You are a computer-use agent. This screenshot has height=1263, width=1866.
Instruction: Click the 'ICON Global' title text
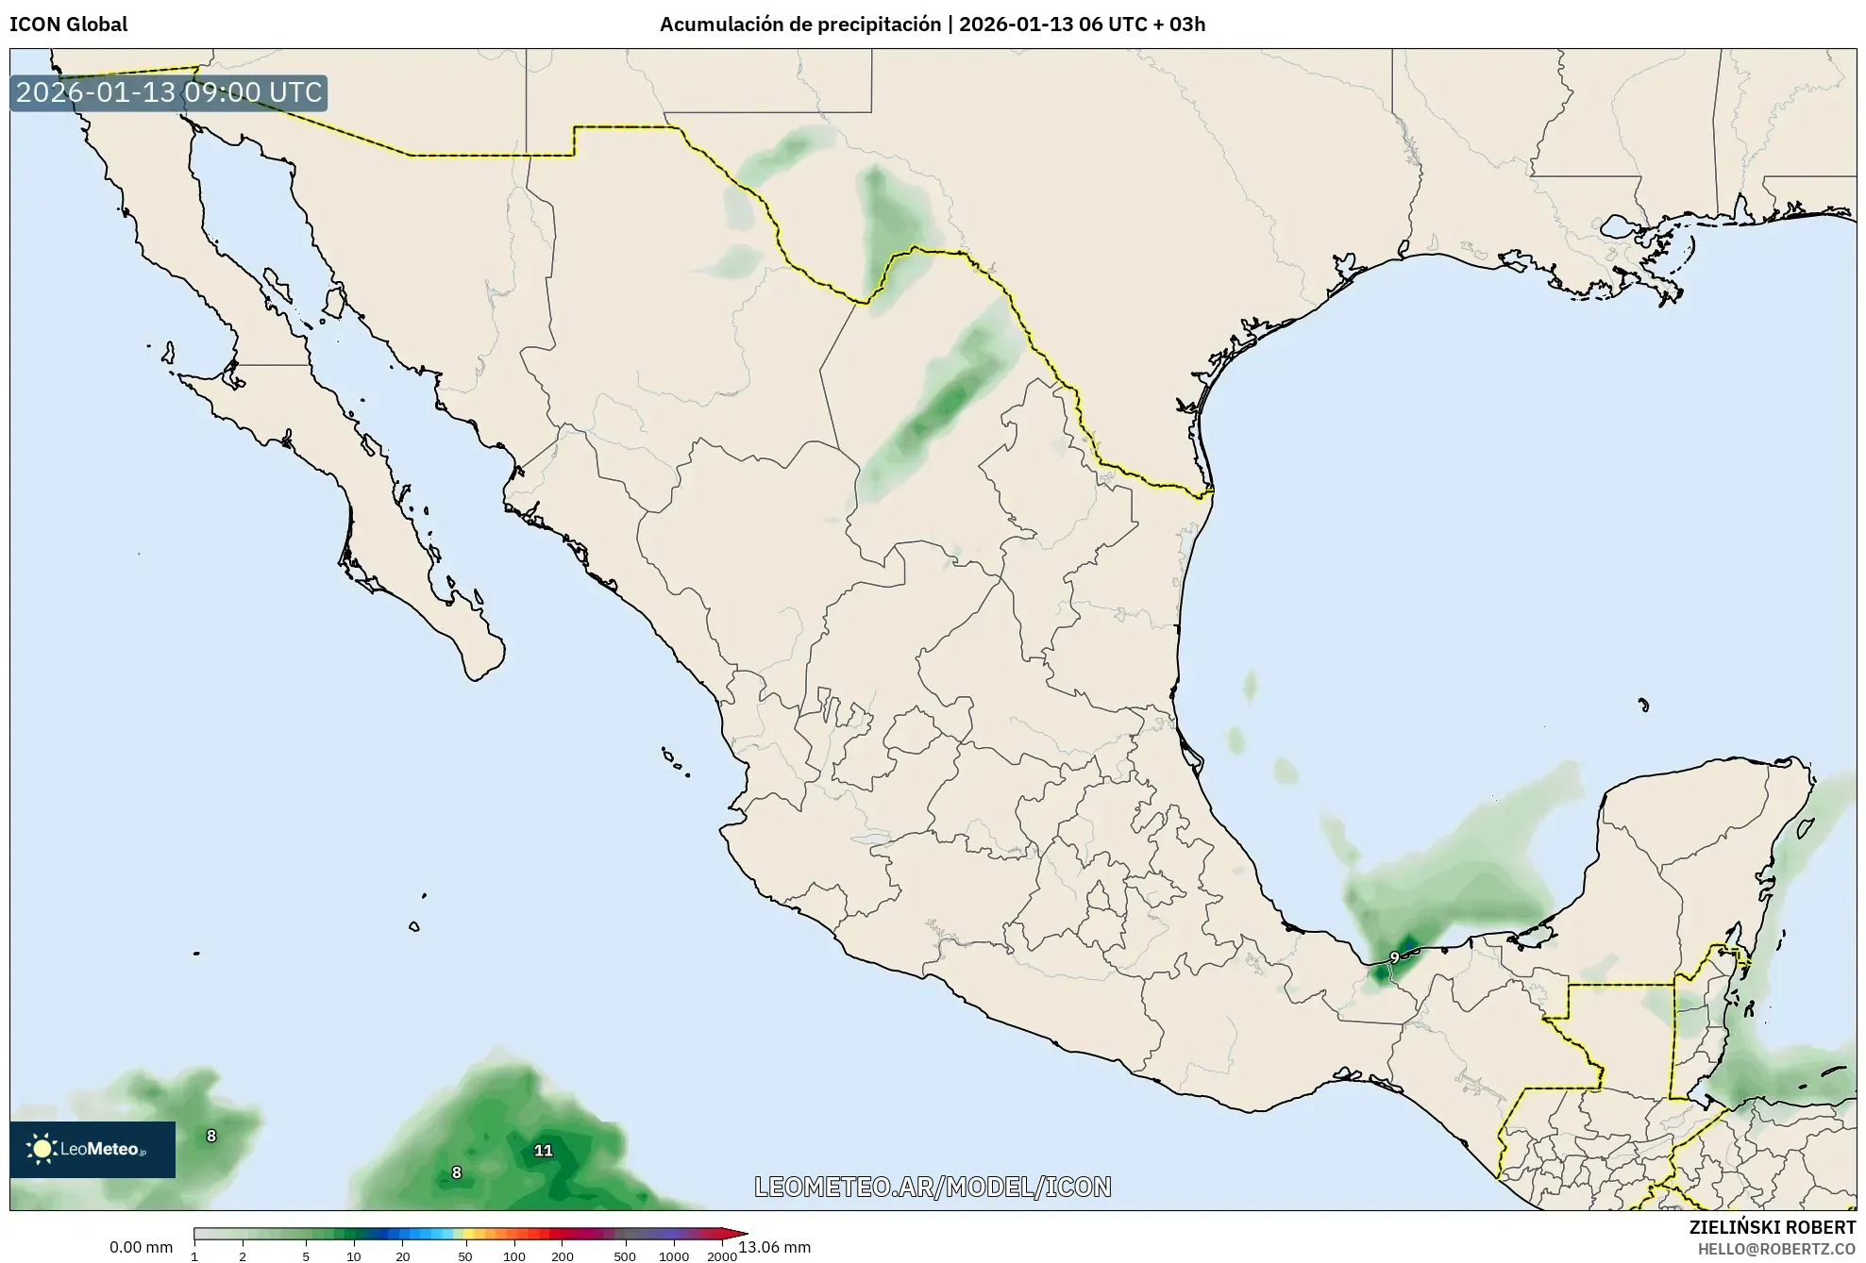point(68,25)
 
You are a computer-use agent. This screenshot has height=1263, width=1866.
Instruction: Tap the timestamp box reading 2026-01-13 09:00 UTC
point(169,92)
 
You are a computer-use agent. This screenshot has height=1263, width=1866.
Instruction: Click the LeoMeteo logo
point(92,1149)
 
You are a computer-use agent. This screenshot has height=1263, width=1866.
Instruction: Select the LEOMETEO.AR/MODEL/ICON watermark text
point(933,1187)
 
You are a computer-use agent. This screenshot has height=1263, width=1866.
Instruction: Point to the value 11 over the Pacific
point(543,1150)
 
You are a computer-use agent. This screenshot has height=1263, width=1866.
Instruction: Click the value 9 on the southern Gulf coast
point(1394,957)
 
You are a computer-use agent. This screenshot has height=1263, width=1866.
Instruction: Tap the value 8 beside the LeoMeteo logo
point(211,1136)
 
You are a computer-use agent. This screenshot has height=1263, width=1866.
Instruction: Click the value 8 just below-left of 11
point(457,1172)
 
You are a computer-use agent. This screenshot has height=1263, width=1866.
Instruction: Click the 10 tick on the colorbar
point(353,1255)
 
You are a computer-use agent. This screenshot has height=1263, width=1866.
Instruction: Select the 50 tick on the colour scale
point(464,1255)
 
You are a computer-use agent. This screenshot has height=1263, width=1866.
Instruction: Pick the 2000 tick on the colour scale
point(722,1255)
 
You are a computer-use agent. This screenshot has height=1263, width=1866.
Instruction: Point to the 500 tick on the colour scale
point(624,1255)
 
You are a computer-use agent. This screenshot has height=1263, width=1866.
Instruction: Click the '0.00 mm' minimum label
point(141,1247)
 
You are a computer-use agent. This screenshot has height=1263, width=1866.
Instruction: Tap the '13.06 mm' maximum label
point(774,1247)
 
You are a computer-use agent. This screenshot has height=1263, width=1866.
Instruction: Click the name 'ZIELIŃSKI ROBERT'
point(1772,1227)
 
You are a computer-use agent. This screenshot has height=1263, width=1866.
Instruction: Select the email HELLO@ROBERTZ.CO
point(1776,1249)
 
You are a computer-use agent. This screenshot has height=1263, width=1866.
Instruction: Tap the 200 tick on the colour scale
point(563,1255)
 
